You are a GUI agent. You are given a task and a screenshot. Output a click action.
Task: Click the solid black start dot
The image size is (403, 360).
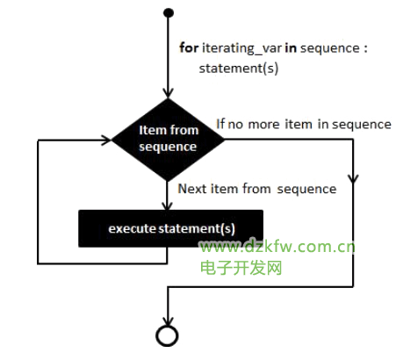click(x=169, y=13)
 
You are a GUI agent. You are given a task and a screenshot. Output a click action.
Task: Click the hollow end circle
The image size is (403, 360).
click(x=167, y=335)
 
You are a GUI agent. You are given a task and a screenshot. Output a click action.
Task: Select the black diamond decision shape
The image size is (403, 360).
click(x=168, y=140)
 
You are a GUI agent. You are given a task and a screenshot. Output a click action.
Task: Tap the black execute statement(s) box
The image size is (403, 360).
click(x=170, y=228)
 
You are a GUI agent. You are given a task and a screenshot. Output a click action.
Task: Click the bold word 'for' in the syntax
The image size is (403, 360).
click(x=189, y=47)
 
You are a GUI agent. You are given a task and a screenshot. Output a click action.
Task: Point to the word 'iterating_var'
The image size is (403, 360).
click(x=242, y=48)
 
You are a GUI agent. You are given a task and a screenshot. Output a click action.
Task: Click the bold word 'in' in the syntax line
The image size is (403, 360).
click(x=291, y=47)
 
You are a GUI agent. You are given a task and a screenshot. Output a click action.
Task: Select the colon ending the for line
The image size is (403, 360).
click(x=365, y=48)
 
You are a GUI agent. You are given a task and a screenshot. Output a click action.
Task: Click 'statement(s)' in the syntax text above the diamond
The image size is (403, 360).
click(x=239, y=68)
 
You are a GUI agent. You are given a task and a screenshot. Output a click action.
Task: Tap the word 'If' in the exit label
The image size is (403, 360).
click(x=220, y=124)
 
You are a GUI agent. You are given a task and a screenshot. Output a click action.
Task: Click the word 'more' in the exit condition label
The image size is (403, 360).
click(x=263, y=125)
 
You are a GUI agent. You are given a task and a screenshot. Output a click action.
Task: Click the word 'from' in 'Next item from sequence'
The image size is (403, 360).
click(x=256, y=189)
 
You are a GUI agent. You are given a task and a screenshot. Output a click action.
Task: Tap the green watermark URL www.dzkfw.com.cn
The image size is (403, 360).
click(x=277, y=247)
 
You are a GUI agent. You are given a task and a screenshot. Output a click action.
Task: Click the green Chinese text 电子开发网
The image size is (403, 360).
click(x=241, y=268)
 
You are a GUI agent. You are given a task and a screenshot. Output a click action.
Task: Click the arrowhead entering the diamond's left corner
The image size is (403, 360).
click(x=106, y=140)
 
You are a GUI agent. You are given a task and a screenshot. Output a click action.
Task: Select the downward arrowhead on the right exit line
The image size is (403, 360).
click(x=353, y=179)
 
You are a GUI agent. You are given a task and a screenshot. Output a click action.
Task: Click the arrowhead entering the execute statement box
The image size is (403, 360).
click(x=167, y=205)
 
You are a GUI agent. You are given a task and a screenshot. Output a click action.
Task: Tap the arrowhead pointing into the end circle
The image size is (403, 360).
click(x=167, y=320)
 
